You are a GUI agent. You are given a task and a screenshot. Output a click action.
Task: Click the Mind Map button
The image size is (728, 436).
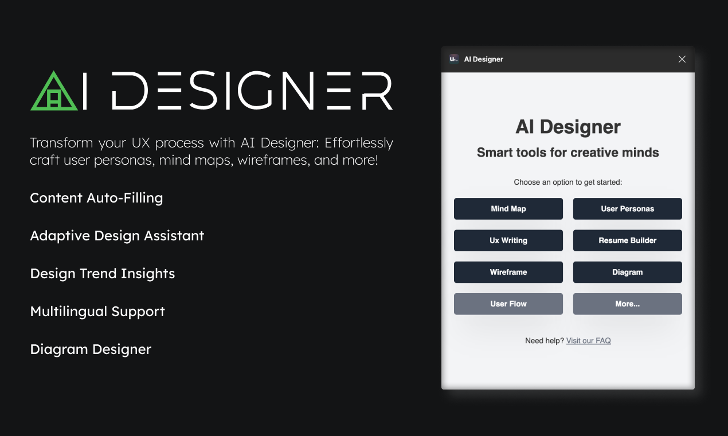(x=508, y=209)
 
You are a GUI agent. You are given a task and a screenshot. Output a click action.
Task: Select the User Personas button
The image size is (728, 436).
(x=627, y=209)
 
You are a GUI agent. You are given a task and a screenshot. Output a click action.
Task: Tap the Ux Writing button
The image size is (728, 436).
(x=508, y=240)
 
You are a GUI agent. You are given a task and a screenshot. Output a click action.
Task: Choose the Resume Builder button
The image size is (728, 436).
(x=627, y=240)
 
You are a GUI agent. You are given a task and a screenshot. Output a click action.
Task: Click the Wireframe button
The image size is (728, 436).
(x=508, y=272)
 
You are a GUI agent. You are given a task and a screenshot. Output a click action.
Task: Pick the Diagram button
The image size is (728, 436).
(x=627, y=272)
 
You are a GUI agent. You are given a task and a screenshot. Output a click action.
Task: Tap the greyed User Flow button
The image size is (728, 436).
(x=508, y=304)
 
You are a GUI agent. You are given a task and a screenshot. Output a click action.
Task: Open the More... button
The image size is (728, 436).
(x=627, y=304)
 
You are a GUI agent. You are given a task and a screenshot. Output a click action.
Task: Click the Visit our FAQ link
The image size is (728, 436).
(x=588, y=341)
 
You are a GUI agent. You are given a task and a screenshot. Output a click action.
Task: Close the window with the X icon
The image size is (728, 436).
(x=682, y=59)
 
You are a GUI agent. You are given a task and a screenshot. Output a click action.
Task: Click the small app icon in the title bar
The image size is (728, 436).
(x=454, y=59)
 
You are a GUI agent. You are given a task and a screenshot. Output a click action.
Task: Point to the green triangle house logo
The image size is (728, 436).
(x=54, y=92)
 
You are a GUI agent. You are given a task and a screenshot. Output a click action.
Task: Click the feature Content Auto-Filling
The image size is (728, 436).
(x=96, y=198)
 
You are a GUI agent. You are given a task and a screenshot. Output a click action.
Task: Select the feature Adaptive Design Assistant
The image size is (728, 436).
(x=117, y=236)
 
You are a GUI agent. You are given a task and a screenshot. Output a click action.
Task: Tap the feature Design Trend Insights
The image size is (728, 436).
(x=103, y=274)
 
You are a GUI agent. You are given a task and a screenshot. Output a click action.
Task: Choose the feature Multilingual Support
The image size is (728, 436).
(x=97, y=312)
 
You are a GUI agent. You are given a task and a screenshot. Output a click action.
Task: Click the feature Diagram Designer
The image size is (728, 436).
(x=91, y=349)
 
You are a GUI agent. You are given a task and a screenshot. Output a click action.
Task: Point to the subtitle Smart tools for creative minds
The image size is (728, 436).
(x=567, y=153)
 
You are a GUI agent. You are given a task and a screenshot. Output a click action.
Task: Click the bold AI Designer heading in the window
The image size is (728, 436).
(x=567, y=127)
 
